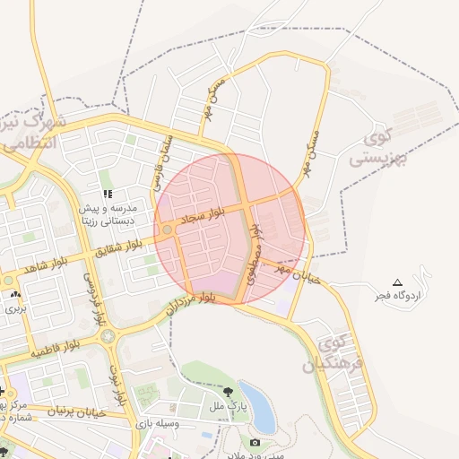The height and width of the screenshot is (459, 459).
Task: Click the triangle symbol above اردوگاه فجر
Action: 398,282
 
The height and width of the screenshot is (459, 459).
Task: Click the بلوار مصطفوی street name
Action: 255,254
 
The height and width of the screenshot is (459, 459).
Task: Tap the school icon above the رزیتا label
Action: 108,194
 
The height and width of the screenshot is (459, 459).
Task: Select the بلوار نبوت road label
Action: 115,377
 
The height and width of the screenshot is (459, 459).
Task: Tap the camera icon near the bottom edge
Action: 255,443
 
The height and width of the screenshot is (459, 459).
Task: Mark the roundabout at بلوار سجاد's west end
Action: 168,230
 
